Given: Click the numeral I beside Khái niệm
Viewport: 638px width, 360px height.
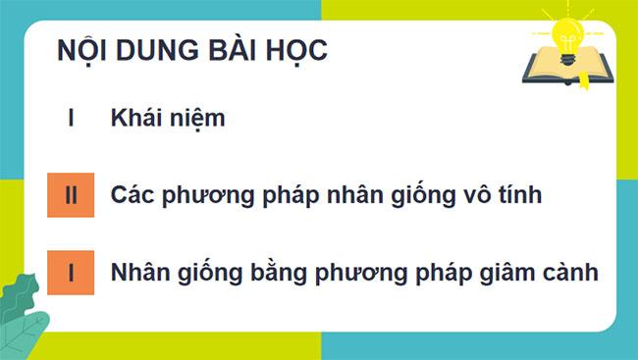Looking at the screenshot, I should coord(71,120).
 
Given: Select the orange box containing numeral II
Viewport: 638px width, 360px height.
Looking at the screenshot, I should coord(71,194).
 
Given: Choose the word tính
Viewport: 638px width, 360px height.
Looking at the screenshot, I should coord(520,194).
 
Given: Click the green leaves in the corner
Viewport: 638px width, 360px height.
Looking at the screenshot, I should coord(24,314).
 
